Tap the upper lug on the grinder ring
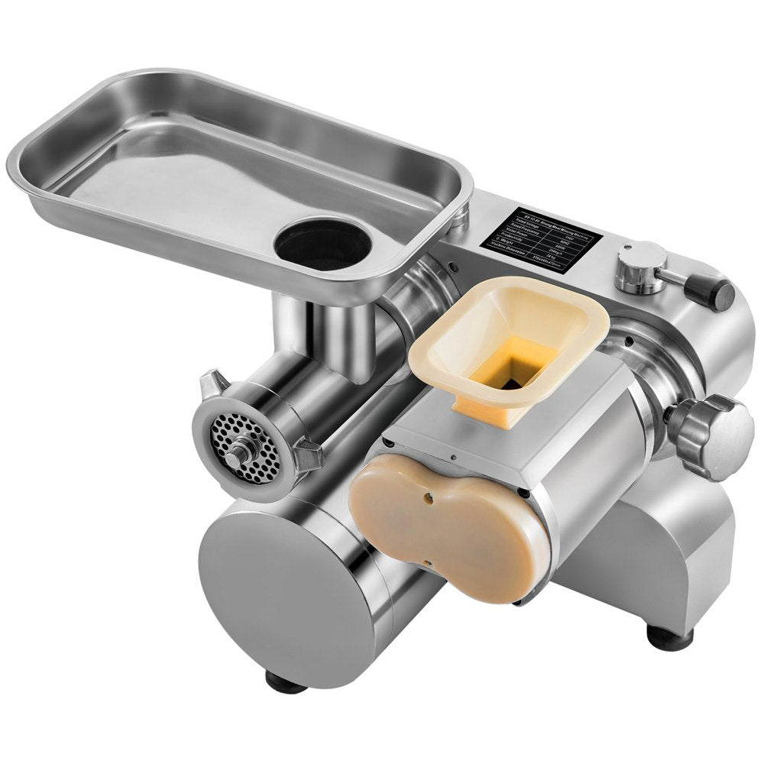[x=212, y=380]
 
